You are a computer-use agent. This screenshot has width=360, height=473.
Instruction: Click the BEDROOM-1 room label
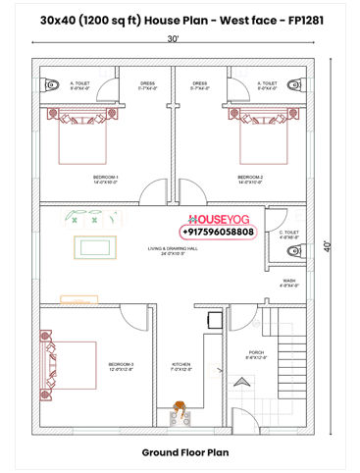[105, 180]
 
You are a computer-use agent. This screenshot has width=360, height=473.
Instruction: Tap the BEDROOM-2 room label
[250, 180]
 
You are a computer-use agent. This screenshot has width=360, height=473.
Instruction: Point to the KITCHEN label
[180, 366]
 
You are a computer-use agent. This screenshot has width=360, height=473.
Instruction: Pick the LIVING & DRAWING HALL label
[173, 250]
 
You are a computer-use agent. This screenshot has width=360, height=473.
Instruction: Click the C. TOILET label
[288, 234]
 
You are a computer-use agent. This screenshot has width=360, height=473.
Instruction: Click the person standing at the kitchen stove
[180, 408]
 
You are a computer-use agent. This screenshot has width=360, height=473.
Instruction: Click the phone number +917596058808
[218, 233]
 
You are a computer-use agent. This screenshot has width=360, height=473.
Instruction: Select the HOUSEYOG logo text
[218, 220]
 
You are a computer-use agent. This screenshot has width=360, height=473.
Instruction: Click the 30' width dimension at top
[173, 39]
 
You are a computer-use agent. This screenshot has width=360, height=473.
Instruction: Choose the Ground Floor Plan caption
[180, 453]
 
